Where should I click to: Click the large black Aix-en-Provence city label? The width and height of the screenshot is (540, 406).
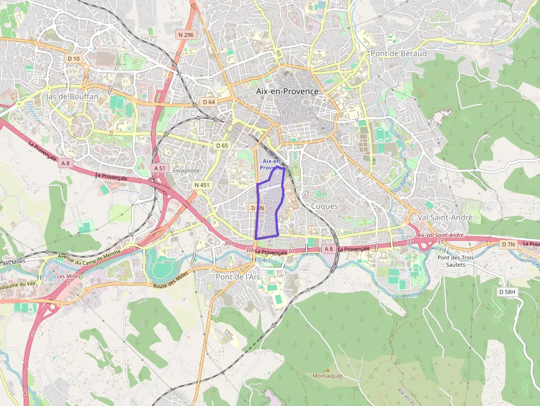click(x=287, y=91)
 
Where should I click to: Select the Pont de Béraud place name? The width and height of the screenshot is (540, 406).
click(x=398, y=53)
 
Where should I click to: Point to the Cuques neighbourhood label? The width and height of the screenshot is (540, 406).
click(x=325, y=205)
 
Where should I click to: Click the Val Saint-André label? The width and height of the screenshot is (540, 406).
click(x=445, y=218)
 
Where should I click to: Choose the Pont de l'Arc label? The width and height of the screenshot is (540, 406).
click(x=238, y=277)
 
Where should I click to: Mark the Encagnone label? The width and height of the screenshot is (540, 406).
click(x=186, y=171)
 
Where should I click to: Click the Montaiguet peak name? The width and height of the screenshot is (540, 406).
click(x=327, y=376)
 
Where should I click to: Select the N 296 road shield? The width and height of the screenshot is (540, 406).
click(x=186, y=35)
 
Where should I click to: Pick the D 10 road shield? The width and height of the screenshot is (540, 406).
click(x=74, y=58)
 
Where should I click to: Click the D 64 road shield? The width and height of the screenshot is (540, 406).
click(x=208, y=102)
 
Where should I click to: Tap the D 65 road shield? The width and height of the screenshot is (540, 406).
click(x=222, y=145)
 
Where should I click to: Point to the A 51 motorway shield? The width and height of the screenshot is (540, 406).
click(x=160, y=167)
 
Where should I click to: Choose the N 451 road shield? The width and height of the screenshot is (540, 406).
click(x=202, y=185)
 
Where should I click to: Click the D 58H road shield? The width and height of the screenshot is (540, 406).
click(x=507, y=291)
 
